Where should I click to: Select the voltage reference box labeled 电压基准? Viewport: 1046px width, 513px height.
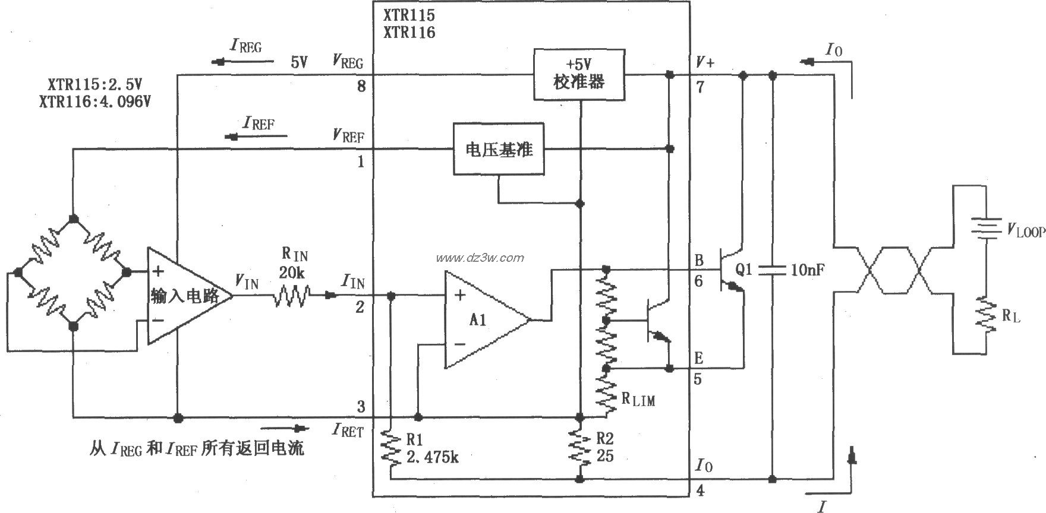(x=499, y=149)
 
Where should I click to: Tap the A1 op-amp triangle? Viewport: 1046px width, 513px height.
(x=484, y=320)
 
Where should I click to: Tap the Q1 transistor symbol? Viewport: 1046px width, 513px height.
(x=731, y=270)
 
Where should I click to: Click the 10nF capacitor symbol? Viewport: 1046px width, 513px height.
(x=772, y=270)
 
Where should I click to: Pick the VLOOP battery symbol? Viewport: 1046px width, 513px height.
(x=986, y=229)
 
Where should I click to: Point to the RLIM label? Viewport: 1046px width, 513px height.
(x=638, y=399)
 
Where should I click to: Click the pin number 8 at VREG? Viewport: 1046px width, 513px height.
(x=361, y=87)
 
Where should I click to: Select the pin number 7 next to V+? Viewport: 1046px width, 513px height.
(x=700, y=87)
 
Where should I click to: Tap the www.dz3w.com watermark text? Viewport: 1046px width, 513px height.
(x=480, y=258)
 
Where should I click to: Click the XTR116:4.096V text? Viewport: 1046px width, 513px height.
(x=95, y=102)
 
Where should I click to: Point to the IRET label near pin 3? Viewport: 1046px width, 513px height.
(x=348, y=430)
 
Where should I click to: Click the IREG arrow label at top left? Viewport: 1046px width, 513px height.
(x=245, y=46)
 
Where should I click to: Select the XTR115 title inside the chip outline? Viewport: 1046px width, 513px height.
(x=409, y=15)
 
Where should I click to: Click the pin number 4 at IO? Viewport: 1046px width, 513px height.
(x=700, y=490)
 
